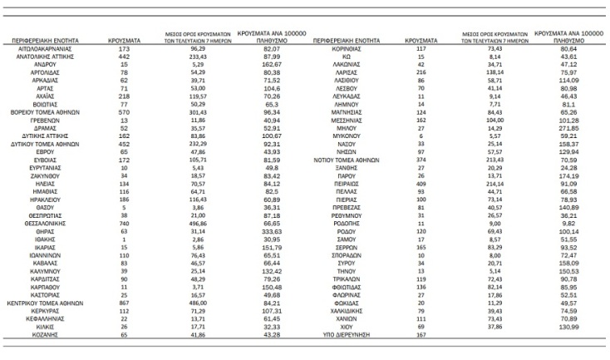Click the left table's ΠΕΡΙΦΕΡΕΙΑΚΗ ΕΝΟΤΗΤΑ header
pos(49,40)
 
